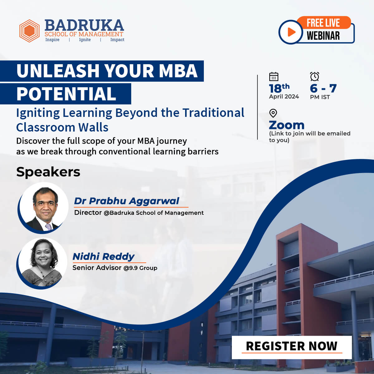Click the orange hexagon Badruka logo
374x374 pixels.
[x=30, y=31]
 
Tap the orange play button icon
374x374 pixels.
[x=291, y=32]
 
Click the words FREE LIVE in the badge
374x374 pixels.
[x=323, y=23]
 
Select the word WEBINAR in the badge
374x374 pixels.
[x=323, y=36]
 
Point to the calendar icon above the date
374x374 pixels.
[x=274, y=76]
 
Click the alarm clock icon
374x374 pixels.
[x=314, y=76]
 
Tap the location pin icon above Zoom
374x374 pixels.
[x=273, y=113]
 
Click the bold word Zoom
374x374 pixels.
[x=286, y=125]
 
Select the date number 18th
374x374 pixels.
[x=279, y=88]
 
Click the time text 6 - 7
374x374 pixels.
[x=323, y=89]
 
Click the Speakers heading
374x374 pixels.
[x=48, y=172]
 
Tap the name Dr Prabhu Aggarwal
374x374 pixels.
[x=127, y=201]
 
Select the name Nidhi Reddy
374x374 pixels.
[x=103, y=257]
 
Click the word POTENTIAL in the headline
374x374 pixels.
[x=66, y=94]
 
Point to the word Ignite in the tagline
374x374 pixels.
[x=85, y=40]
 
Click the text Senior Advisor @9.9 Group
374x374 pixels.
[x=115, y=268]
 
